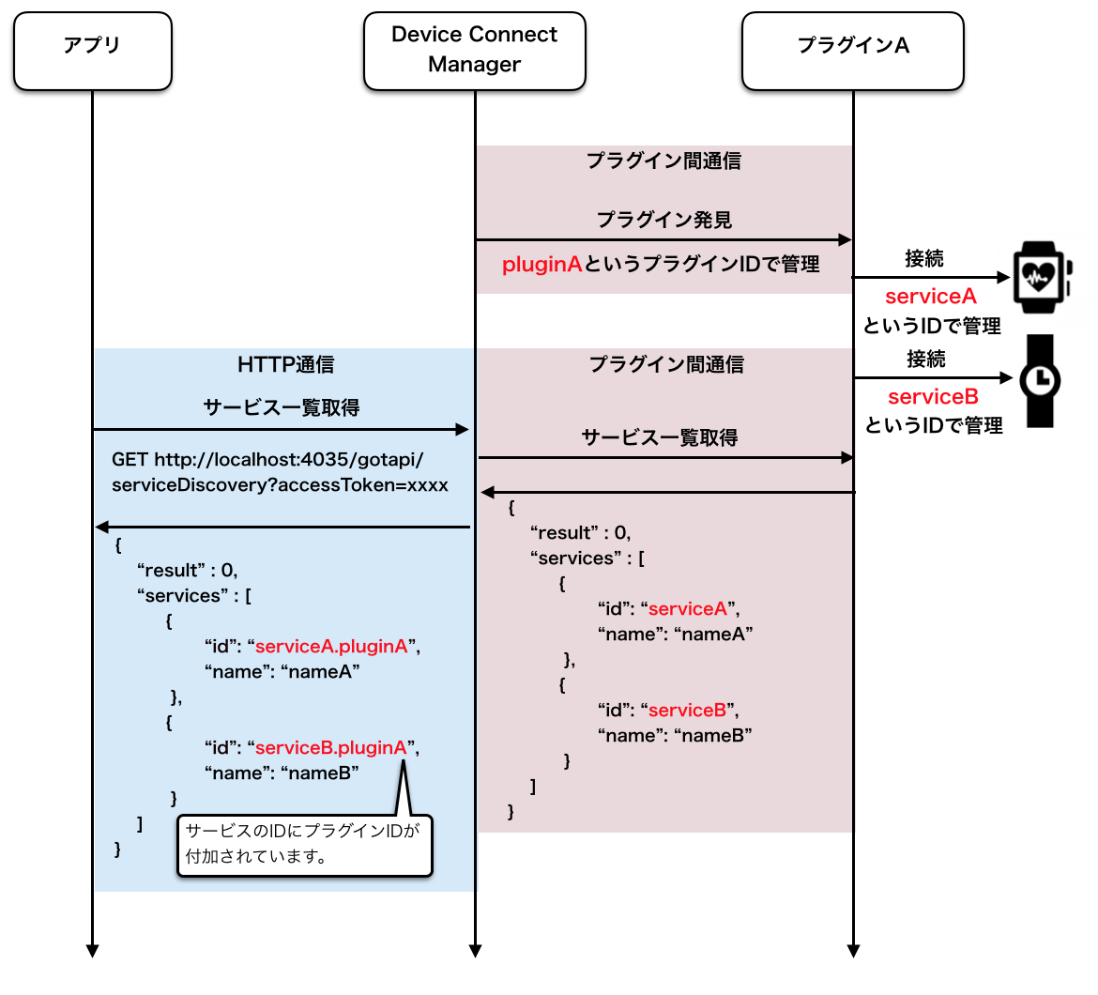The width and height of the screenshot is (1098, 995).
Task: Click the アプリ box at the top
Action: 92,51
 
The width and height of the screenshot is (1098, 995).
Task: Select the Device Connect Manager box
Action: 475,51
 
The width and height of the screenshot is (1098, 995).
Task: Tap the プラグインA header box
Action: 853,51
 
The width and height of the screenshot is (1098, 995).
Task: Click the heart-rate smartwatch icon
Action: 1042,277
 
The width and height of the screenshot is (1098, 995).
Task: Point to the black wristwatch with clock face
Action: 1040,381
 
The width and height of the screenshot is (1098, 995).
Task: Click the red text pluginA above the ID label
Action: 542,265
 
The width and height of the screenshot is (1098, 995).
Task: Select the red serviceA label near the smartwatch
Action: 931,297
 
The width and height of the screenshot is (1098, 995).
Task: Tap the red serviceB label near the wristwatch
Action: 933,397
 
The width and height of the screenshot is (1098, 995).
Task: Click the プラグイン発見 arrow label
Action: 663,220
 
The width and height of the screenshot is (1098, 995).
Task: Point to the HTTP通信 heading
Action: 285,365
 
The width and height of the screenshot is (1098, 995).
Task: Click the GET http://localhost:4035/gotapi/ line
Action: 267,460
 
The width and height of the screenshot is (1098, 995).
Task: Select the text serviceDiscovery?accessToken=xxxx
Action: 280,485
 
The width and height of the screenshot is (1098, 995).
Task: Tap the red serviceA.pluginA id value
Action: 331,647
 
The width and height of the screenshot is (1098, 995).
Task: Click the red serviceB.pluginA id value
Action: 330,748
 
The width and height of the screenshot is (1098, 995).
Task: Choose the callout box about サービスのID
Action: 305,845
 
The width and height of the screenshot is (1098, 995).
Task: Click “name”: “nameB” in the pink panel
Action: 675,735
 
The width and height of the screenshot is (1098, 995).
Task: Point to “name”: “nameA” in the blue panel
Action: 282,672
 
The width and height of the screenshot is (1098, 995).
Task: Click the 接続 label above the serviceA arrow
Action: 924,258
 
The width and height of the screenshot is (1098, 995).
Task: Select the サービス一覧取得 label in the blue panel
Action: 282,407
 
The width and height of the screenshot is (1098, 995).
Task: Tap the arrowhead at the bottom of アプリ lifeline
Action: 92,951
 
